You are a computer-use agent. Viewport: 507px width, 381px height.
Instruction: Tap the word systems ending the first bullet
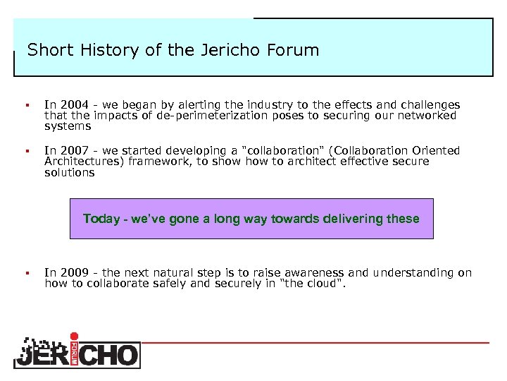68,126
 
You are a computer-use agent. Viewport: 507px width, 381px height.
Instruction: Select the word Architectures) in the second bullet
82,162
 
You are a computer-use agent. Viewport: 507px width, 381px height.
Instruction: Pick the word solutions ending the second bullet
69,173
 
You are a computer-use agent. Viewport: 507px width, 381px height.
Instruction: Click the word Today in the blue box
101,219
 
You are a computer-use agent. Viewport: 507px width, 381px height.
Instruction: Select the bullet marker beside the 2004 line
25,105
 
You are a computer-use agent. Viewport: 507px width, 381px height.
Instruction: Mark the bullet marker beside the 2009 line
25,273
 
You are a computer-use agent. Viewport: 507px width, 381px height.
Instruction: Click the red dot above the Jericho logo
75,336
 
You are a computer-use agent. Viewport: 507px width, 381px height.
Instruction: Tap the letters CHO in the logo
110,354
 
